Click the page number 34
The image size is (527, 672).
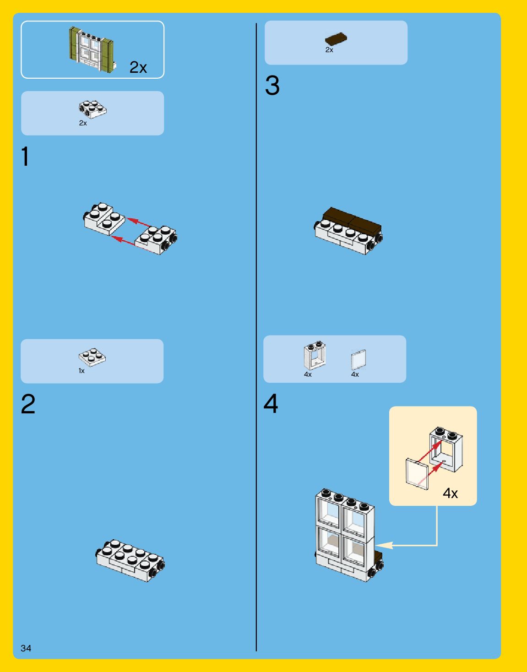pyautogui.click(x=26, y=648)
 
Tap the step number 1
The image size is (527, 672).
pyautogui.click(x=25, y=156)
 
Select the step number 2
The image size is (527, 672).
pyautogui.click(x=28, y=404)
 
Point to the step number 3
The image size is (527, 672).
pyautogui.click(x=272, y=85)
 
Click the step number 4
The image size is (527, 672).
pyautogui.click(x=271, y=403)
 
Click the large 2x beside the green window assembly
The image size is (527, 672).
pyautogui.click(x=138, y=67)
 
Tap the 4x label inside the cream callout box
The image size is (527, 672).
pyautogui.click(x=450, y=493)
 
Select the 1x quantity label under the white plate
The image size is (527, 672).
pyautogui.click(x=81, y=371)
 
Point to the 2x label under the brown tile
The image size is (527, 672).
pyautogui.click(x=329, y=50)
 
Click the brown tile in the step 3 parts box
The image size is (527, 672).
pyautogui.click(x=336, y=38)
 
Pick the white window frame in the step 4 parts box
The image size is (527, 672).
pyautogui.click(x=315, y=355)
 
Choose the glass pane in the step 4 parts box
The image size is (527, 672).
pyautogui.click(x=359, y=360)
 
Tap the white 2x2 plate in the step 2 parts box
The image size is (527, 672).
pyautogui.click(x=92, y=357)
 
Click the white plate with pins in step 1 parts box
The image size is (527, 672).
pyautogui.click(x=92, y=109)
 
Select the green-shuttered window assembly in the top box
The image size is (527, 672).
pyautogui.click(x=92, y=49)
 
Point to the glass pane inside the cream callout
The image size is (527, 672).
pyautogui.click(x=417, y=474)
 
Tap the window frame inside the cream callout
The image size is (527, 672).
pyautogui.click(x=446, y=450)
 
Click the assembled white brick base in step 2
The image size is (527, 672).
pyautogui.click(x=130, y=560)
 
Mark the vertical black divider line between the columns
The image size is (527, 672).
pyautogui.click(x=256, y=337)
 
